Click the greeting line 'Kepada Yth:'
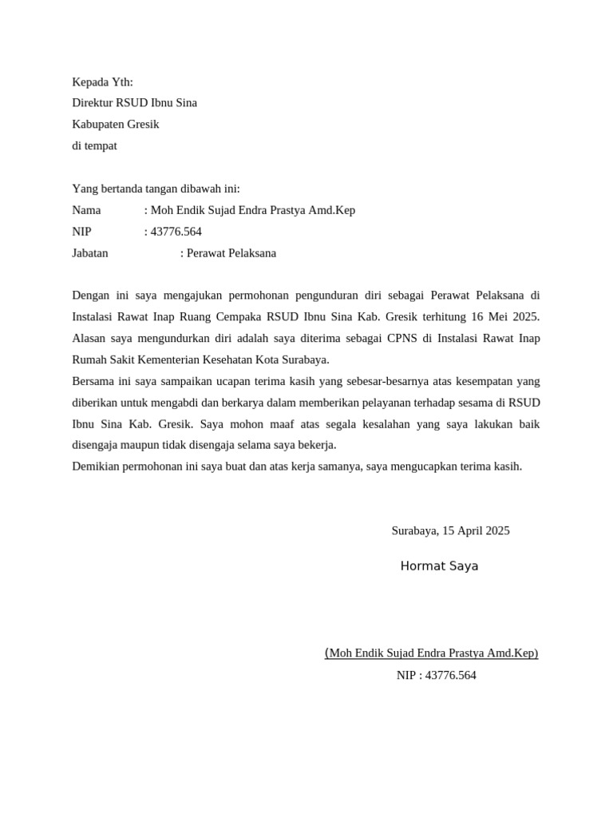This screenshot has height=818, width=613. pyautogui.click(x=103, y=81)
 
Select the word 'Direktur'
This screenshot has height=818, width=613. pyautogui.click(x=93, y=103)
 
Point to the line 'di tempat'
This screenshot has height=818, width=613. pyautogui.click(x=94, y=146)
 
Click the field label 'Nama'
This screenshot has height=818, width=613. pyautogui.click(x=86, y=210)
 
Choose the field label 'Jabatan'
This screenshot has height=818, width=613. pyautogui.click(x=90, y=253)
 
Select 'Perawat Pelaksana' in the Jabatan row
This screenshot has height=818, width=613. pyautogui.click(x=231, y=253)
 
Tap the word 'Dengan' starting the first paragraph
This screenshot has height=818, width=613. pyautogui.click(x=90, y=295)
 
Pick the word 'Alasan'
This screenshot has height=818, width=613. pyautogui.click(x=89, y=338)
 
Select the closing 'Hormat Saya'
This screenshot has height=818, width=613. pyautogui.click(x=439, y=566)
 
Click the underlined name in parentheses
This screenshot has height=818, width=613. pyautogui.click(x=432, y=653)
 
